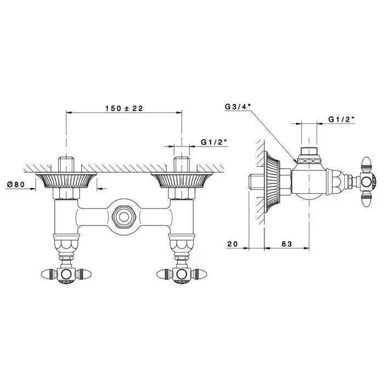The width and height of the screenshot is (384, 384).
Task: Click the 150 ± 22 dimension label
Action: [x=124, y=108]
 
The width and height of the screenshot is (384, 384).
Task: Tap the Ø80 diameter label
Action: [x=16, y=184]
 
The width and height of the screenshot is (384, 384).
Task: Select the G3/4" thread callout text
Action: [x=238, y=106]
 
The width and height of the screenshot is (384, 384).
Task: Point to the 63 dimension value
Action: [x=287, y=244]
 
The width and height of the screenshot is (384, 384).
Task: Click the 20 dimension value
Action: [x=233, y=244]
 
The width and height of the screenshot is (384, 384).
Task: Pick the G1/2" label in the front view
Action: [x=214, y=142]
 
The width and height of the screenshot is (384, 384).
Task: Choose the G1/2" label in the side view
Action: [x=342, y=119]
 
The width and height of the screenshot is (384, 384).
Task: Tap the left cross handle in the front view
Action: [x=66, y=274]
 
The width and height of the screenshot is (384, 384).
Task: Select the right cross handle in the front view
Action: [x=182, y=274]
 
